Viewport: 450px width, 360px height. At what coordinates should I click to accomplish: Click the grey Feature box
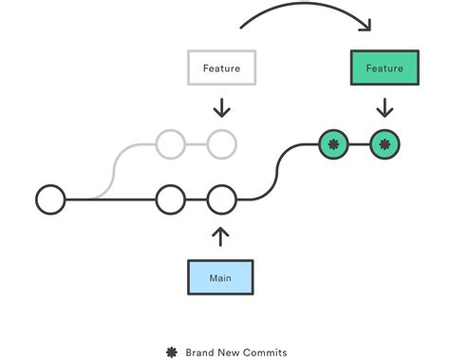(x=220, y=68)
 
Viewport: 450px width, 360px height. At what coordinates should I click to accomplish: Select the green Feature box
(x=384, y=68)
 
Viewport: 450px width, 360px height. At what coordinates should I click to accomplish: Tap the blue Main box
(x=220, y=277)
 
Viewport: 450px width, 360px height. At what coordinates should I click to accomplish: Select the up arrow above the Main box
(x=221, y=236)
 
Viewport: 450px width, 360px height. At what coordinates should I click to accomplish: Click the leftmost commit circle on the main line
(x=50, y=199)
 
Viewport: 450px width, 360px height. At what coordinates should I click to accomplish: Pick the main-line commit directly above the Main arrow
(x=221, y=199)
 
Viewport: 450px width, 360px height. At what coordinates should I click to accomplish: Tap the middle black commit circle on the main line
(x=170, y=199)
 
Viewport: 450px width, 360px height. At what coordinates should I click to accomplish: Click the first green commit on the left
(x=333, y=145)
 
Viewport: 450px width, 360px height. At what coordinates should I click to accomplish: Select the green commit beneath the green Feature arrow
(x=384, y=145)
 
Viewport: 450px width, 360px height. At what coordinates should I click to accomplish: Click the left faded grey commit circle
(x=170, y=145)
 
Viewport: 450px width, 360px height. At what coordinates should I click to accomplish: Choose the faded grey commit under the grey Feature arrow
(x=221, y=145)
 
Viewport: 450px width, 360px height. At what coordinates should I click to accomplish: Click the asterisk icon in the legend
(x=172, y=351)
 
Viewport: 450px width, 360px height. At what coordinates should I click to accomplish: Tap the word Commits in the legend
(x=263, y=351)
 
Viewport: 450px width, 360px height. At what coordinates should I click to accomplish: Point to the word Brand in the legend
(x=200, y=351)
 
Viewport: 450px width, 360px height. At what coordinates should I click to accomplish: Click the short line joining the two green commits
(x=359, y=145)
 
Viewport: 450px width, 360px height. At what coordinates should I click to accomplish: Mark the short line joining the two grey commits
(x=196, y=145)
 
